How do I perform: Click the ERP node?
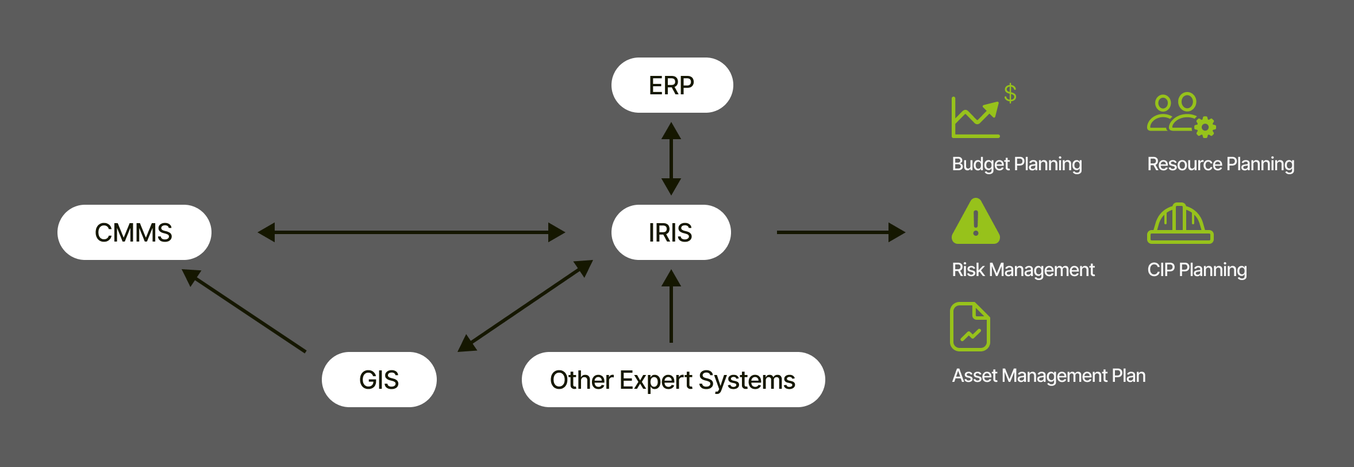[x=672, y=85]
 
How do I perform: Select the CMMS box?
[x=134, y=232]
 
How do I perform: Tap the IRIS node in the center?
[x=671, y=232]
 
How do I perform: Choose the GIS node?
[x=379, y=380]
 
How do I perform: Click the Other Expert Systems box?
[x=673, y=380]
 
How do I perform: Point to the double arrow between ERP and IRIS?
[x=671, y=158]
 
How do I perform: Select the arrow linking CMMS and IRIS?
[x=411, y=232]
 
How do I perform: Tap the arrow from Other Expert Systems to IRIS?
[x=671, y=308]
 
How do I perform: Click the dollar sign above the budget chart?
[x=1010, y=93]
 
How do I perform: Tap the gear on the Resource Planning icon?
[x=1205, y=127]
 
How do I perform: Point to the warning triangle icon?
[x=975, y=222]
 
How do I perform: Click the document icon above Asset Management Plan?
[x=970, y=326]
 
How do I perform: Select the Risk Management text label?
[x=1023, y=270]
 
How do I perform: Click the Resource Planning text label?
[x=1221, y=164]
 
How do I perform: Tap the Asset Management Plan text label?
[x=1049, y=376]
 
